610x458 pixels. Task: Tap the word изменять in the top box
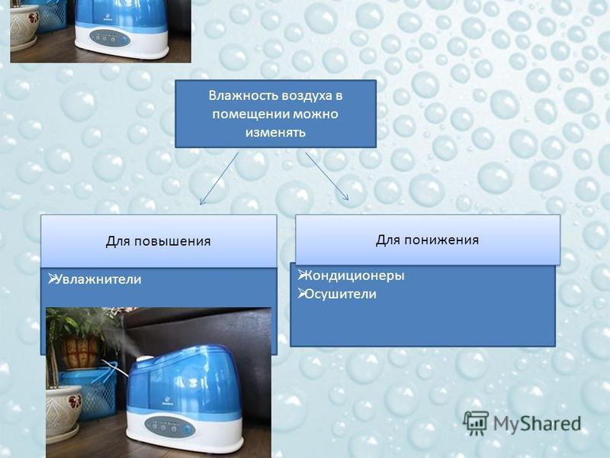[x=275, y=132]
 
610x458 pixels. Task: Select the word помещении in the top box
[x=251, y=114]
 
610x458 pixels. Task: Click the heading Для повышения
[x=159, y=241]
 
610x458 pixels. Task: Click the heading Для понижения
[x=427, y=240]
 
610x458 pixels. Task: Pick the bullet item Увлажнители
[x=95, y=279]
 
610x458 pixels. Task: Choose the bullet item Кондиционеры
[x=352, y=276]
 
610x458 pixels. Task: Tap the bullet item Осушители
[x=337, y=294]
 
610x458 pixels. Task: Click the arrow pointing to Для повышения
[x=219, y=179]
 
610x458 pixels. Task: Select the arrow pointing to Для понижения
[x=327, y=176]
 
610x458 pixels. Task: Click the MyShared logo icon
[x=475, y=423]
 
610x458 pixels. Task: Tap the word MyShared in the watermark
[x=537, y=423]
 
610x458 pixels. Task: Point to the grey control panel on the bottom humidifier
[x=169, y=428]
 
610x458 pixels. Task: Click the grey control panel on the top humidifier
[x=109, y=39]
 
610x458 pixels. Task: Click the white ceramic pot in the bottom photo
[x=63, y=418]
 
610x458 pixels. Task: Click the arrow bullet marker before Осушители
[x=300, y=293]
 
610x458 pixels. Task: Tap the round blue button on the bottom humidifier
[x=188, y=428]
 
